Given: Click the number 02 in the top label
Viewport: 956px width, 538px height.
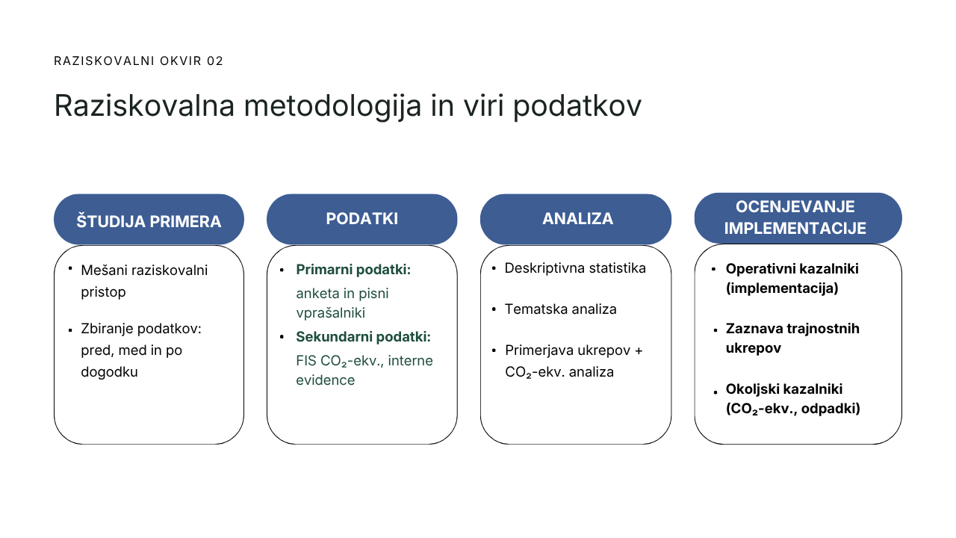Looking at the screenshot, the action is (214, 61).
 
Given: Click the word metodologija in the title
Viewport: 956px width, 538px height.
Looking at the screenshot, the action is (332, 107).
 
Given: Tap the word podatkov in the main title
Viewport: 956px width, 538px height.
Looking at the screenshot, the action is (577, 105).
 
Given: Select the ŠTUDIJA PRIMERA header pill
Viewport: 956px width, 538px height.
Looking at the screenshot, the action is (149, 220).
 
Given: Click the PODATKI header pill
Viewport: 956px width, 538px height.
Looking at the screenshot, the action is (362, 219).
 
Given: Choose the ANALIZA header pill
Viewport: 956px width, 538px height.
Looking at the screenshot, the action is (576, 219).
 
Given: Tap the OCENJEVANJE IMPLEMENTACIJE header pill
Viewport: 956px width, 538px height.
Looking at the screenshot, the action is (798, 218).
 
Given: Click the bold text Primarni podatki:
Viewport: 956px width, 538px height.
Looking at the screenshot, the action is (353, 270).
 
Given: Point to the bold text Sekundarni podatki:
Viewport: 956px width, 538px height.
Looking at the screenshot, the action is (363, 337).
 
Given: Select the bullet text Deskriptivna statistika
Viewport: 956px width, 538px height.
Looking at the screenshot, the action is (575, 268).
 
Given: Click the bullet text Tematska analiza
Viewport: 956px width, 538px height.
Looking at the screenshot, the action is (561, 309).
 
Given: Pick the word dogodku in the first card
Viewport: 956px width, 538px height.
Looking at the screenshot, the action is (109, 372).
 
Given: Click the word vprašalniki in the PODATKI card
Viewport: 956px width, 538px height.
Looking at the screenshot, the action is (331, 313).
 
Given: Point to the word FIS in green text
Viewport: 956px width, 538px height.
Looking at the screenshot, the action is (305, 361).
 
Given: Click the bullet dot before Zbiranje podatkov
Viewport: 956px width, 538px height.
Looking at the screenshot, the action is (70, 330).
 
